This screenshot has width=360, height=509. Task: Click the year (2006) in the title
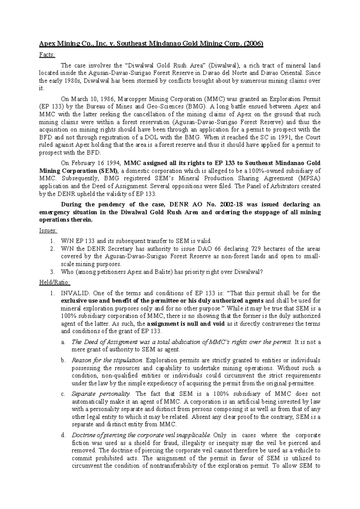point(253,44)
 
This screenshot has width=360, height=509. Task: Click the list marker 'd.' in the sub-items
point(63,435)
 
